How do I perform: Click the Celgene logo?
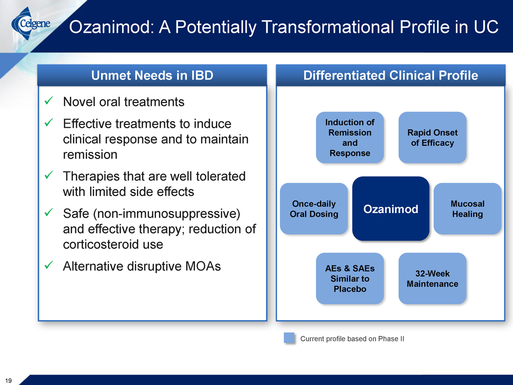coord(31,24)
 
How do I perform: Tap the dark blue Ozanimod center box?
coord(390,209)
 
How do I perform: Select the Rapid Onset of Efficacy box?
coord(432,138)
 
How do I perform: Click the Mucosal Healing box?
coord(467,209)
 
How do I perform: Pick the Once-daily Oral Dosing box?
coord(314,209)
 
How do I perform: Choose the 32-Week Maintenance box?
coord(432,279)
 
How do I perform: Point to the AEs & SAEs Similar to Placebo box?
coord(350,279)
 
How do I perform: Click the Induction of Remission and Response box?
coord(350,138)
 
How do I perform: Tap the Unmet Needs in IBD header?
coord(152,75)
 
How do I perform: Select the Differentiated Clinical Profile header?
coord(390,75)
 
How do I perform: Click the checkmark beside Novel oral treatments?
coord(49,101)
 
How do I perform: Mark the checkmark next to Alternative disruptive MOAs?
coord(49,265)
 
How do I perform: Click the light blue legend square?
coord(289,338)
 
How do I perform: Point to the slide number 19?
coord(9,380)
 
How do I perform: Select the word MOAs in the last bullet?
coord(203,266)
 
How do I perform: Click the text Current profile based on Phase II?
coord(352,339)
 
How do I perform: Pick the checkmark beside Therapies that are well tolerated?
coord(49,175)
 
